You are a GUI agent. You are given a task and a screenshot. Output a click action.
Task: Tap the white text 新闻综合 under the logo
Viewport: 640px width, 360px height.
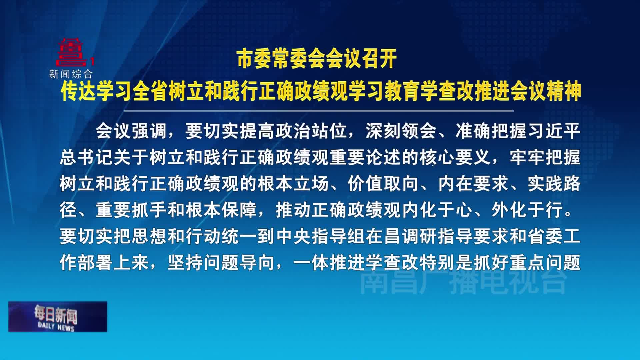point(71,74)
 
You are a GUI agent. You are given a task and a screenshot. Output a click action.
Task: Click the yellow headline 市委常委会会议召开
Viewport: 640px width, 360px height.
point(317,59)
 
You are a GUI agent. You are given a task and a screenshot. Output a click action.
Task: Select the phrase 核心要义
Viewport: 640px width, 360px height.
point(455,157)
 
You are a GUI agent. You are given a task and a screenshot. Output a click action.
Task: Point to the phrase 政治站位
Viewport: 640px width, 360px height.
point(311,131)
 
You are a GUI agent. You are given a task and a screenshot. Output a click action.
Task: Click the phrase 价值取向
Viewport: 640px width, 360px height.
point(383,184)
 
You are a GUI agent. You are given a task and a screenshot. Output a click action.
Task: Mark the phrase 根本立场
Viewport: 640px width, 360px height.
point(293,184)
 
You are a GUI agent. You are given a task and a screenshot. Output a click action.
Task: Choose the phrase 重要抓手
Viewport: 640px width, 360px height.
point(131,210)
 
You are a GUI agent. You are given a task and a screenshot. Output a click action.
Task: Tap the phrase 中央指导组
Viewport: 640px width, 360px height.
point(321,236)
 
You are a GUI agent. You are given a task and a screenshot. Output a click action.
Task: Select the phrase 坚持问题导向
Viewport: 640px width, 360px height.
point(221,263)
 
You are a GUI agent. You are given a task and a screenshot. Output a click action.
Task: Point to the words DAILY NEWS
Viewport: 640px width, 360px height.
point(56,327)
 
